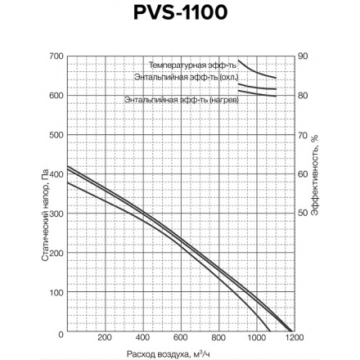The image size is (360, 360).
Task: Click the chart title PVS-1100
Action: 181,13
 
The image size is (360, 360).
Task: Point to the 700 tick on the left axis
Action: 56,56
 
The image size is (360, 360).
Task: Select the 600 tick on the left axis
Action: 56,95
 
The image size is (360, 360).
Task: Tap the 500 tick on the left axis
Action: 56,134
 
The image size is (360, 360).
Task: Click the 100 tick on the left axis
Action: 56,292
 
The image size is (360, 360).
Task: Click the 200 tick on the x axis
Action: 104,337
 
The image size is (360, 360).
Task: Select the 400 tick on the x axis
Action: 142,337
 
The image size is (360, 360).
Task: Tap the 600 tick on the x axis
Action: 180,337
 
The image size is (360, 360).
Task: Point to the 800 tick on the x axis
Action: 218,337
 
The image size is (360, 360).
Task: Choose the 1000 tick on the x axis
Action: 256,337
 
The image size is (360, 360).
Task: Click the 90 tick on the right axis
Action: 303,56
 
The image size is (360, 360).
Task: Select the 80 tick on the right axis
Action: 303,95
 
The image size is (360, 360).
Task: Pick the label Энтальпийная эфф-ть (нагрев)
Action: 182,100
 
